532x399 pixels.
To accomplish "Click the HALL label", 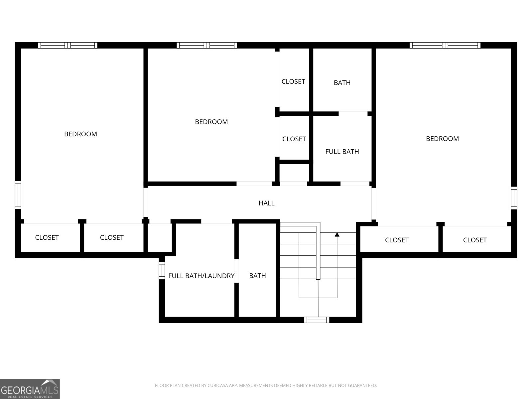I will [266, 203].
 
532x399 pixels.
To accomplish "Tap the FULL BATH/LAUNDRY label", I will [201, 276].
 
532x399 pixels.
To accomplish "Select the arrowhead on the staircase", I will [337, 235].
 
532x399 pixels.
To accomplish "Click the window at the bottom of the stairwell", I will [317, 320].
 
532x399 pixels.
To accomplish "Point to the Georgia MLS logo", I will [30, 389].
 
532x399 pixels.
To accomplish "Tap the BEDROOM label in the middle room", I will [211, 122].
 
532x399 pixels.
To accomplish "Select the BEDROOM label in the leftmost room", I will [80, 134].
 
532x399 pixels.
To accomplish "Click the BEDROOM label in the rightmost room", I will [442, 139].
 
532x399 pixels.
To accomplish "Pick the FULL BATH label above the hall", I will [342, 152].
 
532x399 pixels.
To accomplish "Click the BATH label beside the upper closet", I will [342, 83].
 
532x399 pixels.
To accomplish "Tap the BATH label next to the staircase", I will [257, 276].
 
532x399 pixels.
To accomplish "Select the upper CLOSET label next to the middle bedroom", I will [293, 82].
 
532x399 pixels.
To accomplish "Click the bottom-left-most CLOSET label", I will [47, 237].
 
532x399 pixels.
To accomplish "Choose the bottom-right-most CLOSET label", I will [474, 240].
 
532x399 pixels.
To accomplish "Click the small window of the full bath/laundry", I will [162, 270].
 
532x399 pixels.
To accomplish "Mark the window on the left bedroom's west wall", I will [18, 195].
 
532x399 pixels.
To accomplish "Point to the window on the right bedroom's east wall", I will [514, 198].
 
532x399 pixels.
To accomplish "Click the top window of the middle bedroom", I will [207, 45].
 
